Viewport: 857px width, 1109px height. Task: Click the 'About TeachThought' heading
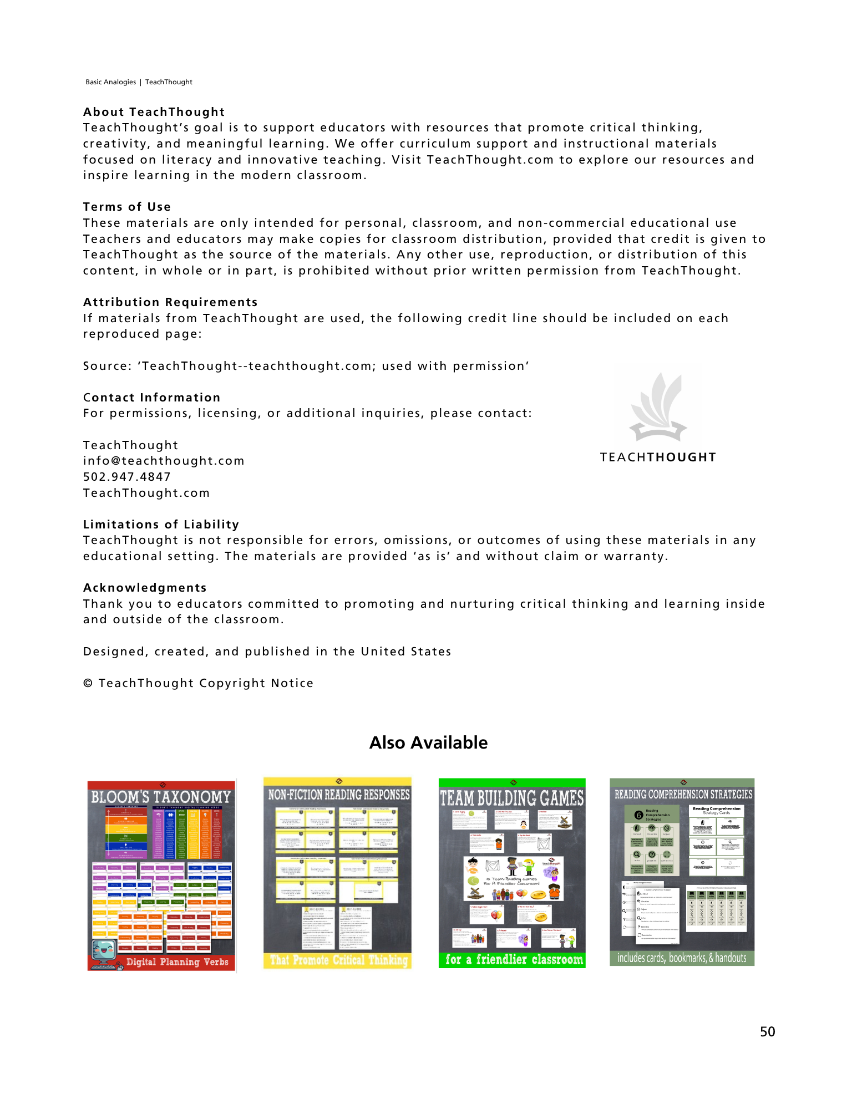point(154,112)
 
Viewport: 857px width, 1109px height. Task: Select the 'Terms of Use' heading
point(127,207)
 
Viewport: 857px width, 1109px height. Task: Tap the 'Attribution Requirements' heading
point(170,302)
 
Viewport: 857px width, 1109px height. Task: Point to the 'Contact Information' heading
point(151,398)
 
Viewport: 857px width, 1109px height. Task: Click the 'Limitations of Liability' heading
point(161,525)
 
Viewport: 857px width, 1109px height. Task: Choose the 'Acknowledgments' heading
point(145,588)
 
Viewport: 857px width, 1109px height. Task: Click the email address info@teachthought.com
point(164,461)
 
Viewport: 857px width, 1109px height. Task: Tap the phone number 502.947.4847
point(127,477)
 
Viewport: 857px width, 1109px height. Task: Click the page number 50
point(767,1032)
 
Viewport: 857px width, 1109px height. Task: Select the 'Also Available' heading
point(428,742)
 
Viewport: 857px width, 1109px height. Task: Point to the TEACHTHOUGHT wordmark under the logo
point(658,457)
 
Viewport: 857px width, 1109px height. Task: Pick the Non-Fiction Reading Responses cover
point(337,873)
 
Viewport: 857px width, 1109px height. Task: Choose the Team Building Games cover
point(512,873)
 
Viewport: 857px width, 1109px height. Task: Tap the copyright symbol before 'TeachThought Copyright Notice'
point(88,683)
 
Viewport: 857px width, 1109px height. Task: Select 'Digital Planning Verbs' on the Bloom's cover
point(177,962)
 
